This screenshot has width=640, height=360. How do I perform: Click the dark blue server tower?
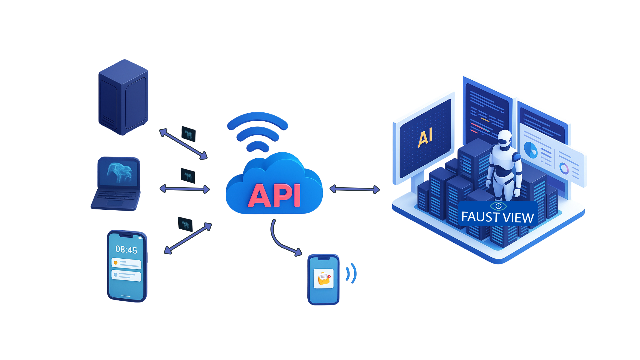point(123,97)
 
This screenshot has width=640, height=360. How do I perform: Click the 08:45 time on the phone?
point(126,250)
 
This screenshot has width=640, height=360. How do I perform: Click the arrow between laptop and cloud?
point(185,189)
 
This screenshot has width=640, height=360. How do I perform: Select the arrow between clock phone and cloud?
point(188,238)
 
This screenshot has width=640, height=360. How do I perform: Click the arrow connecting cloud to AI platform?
point(354,189)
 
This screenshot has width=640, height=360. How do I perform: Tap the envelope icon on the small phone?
point(324,278)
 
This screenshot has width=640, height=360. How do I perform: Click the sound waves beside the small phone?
point(351,273)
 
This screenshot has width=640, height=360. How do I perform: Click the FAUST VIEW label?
point(498,217)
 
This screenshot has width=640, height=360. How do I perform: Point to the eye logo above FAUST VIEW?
point(498,206)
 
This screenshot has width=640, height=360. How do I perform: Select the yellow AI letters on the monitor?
point(425,137)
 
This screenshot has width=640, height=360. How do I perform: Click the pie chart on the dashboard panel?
point(531,150)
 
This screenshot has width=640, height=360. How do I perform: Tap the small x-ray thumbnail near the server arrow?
point(188,134)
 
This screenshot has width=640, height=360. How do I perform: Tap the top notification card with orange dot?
point(126,263)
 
